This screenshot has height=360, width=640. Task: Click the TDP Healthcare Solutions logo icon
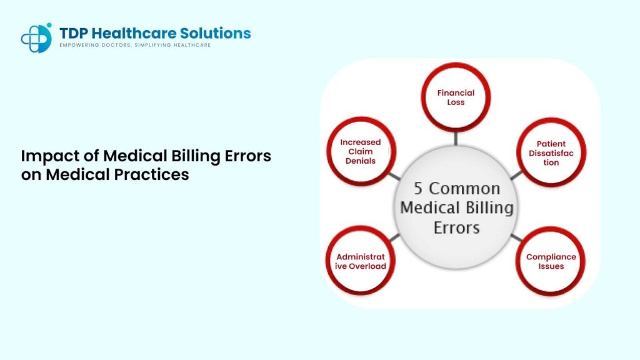(x=36, y=37)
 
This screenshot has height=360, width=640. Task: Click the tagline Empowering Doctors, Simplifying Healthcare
(x=135, y=46)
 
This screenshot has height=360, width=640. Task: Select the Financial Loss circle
(x=456, y=97)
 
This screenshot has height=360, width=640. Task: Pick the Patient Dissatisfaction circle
(x=551, y=152)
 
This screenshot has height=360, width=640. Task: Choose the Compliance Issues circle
(x=551, y=261)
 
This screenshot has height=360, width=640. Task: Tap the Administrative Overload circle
(x=361, y=261)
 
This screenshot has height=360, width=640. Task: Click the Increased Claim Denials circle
(x=361, y=151)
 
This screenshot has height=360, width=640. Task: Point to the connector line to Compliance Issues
(x=515, y=238)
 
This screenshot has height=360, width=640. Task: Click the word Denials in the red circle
(x=361, y=161)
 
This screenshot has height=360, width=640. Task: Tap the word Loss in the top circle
(x=456, y=102)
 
